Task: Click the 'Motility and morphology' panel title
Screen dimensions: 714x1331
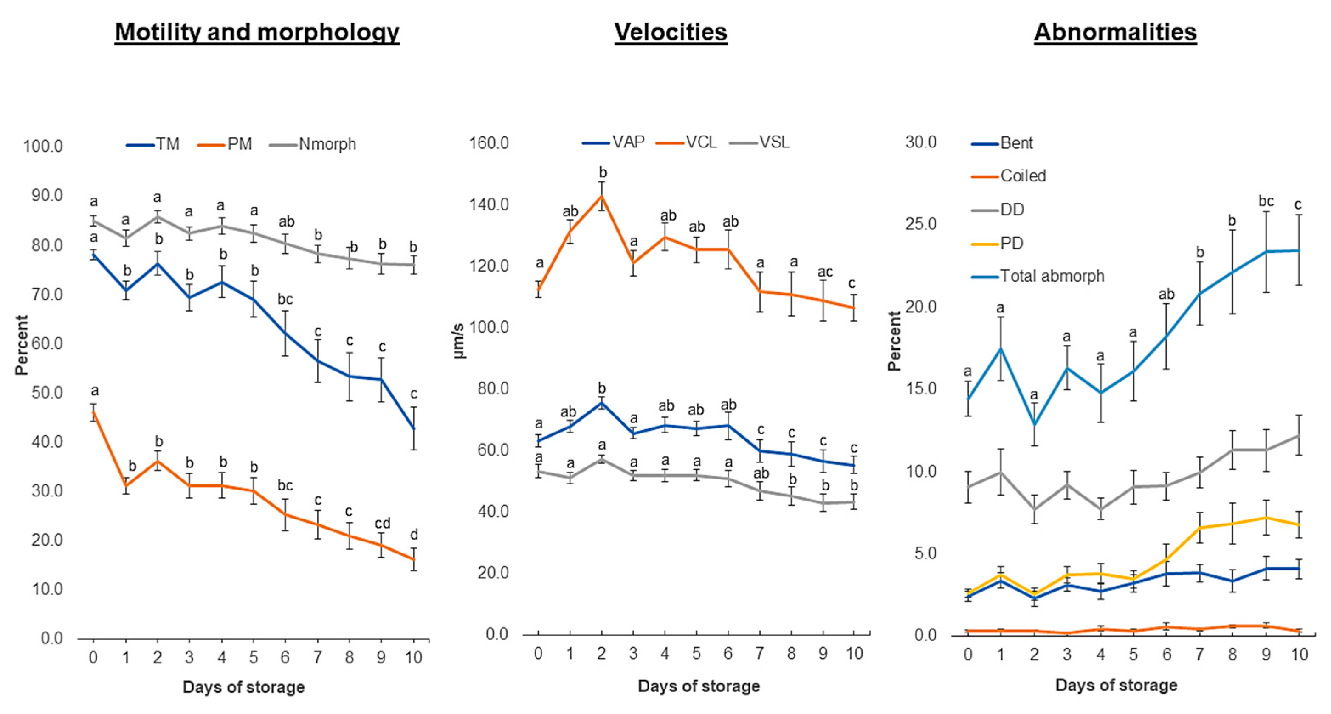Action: [257, 32]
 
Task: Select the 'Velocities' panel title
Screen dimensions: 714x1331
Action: [671, 32]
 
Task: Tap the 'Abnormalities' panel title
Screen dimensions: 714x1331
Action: [1115, 32]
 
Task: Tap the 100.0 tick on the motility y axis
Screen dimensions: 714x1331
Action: [43, 146]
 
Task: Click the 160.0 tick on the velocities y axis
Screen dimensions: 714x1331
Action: [489, 143]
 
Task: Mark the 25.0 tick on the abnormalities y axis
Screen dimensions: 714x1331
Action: [921, 224]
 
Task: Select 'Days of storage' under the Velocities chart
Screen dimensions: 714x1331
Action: [699, 686]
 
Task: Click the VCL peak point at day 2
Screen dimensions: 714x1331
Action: [602, 195]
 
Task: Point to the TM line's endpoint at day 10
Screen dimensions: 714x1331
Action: [414, 428]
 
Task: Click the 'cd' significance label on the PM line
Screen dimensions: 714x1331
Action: [382, 523]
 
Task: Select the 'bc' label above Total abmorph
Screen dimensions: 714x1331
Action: [1266, 201]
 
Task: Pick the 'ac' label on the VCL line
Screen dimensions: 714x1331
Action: [825, 272]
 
